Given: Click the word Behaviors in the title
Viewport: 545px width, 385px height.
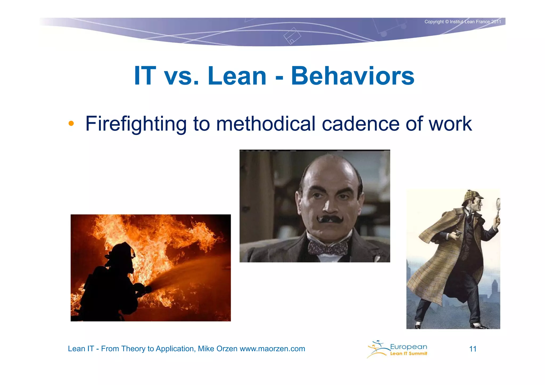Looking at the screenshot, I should (x=353, y=76).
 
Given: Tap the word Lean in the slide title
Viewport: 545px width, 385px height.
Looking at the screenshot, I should (x=237, y=76).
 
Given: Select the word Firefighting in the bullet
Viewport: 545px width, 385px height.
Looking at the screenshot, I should (x=136, y=124).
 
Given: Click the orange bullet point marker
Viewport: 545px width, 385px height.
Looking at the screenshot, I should (x=71, y=123).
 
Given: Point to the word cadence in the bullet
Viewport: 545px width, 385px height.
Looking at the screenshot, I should (x=361, y=124).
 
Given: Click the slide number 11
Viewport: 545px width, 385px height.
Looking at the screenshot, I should (x=473, y=349).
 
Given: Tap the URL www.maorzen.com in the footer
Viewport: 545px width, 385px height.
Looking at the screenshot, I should (x=272, y=349).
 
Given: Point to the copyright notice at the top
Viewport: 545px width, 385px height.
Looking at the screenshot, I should (x=463, y=22).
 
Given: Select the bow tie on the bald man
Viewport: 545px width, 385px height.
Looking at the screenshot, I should (x=328, y=248).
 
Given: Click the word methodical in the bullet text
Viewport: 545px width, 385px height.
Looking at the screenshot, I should (x=266, y=124).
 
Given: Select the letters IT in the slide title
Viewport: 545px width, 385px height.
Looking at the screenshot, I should (x=145, y=76).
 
